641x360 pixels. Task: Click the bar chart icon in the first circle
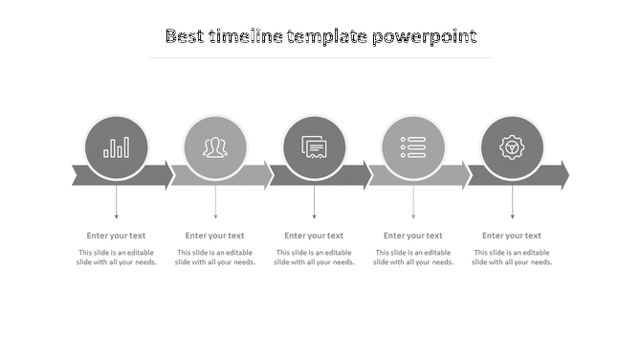(117, 147)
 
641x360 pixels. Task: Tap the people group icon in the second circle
(215, 147)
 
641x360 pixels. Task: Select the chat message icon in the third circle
(314, 147)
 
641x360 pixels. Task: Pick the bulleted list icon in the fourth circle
(413, 147)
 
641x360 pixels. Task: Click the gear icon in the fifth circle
(512, 147)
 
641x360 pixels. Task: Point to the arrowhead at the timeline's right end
(563, 175)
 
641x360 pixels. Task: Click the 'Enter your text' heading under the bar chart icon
(117, 236)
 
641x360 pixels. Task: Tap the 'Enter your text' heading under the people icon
(215, 236)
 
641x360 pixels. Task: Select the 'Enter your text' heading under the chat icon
(314, 236)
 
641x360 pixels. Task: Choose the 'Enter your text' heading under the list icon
(413, 236)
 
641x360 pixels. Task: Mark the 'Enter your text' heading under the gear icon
(512, 236)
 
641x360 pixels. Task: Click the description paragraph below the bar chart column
(117, 258)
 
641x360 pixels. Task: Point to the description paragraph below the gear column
(512, 258)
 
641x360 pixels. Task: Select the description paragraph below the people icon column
(215, 258)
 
